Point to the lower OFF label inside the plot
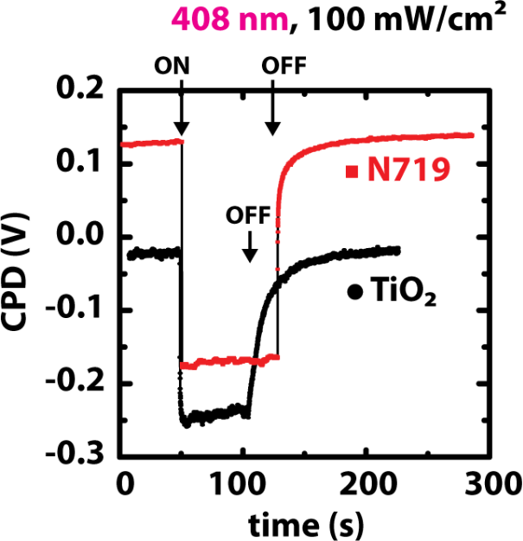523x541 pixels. [x=247, y=213]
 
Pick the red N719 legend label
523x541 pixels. [x=408, y=172]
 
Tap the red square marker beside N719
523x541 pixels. [x=351, y=172]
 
